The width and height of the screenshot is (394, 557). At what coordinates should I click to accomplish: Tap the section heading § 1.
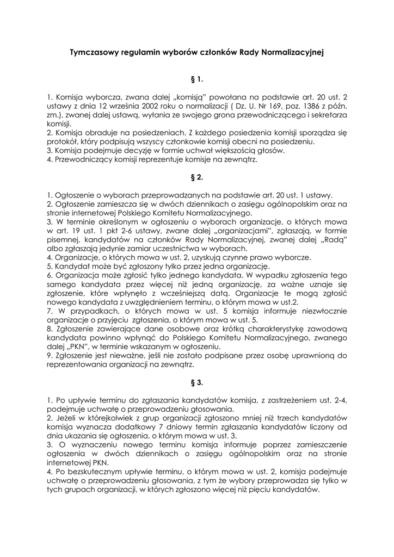coord(196,79)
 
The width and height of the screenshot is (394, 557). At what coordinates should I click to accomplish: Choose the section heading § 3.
coord(196,382)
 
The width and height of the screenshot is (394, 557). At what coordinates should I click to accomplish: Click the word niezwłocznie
coord(320,311)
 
